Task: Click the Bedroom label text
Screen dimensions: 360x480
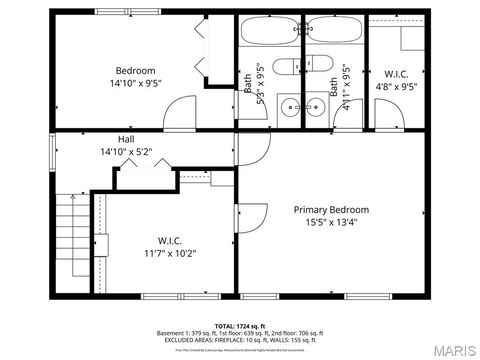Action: pyautogui.click(x=135, y=71)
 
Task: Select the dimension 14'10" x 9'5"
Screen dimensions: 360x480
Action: pyautogui.click(x=135, y=85)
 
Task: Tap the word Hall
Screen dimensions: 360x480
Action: pyautogui.click(x=126, y=139)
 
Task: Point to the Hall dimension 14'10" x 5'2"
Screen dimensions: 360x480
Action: pyautogui.click(x=126, y=152)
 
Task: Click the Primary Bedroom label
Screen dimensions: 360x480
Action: pyautogui.click(x=330, y=210)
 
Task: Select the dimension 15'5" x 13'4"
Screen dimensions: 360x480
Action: pyautogui.click(x=330, y=223)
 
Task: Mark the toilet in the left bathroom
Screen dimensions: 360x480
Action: pyautogui.click(x=284, y=67)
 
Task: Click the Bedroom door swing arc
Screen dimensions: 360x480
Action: pyautogui.click(x=180, y=111)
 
